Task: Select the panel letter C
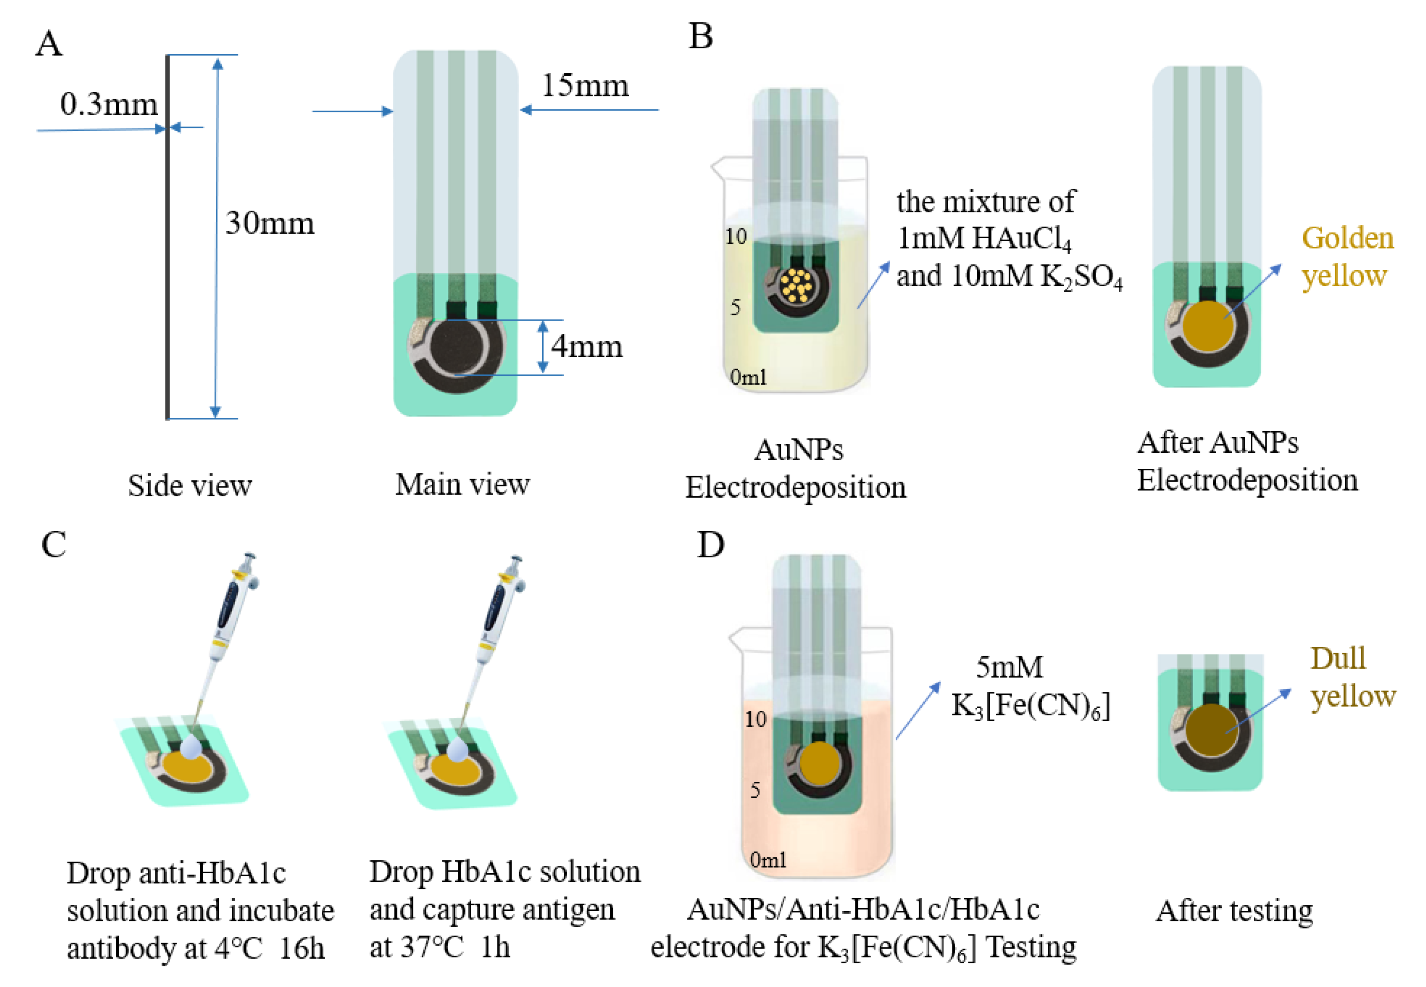(x=54, y=545)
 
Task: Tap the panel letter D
(x=710, y=545)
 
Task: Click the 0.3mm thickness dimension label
(x=109, y=104)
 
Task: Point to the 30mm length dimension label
(x=270, y=223)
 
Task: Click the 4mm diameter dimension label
(x=587, y=346)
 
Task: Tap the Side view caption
(x=190, y=486)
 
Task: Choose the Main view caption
(x=463, y=484)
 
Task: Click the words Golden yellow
(x=1348, y=257)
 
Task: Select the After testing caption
(x=1234, y=911)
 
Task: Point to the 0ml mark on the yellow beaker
(x=748, y=377)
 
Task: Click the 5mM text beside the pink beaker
(x=1009, y=667)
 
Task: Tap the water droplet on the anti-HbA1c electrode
(x=190, y=747)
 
